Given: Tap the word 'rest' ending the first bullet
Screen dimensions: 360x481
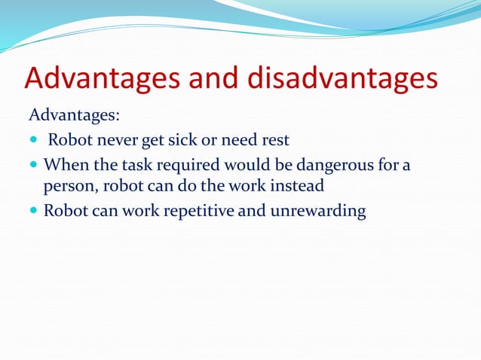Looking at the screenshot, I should (275, 140).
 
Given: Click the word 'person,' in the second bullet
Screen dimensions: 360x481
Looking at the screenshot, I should (71, 187).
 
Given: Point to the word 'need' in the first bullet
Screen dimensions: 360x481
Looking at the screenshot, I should (237, 140).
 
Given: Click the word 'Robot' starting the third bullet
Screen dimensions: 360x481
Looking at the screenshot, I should (66, 210).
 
